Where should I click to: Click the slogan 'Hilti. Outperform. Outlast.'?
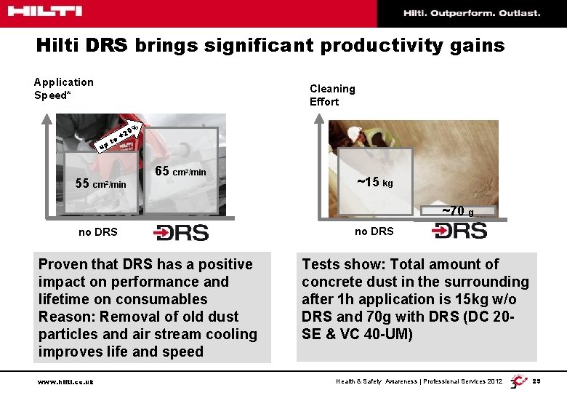[x=472, y=13]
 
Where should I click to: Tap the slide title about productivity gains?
[x=270, y=46]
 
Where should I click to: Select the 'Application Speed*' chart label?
[x=64, y=89]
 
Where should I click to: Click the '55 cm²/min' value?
[x=101, y=183]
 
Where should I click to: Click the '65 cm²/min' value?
[x=181, y=172]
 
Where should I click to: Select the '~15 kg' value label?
[x=374, y=182]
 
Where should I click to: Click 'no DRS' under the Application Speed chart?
[x=98, y=233]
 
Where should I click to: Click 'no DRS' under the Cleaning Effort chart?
[x=374, y=231]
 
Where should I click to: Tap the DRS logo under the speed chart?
[x=181, y=232]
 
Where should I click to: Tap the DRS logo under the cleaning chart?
[x=459, y=231]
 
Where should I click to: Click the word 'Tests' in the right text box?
[x=321, y=264]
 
